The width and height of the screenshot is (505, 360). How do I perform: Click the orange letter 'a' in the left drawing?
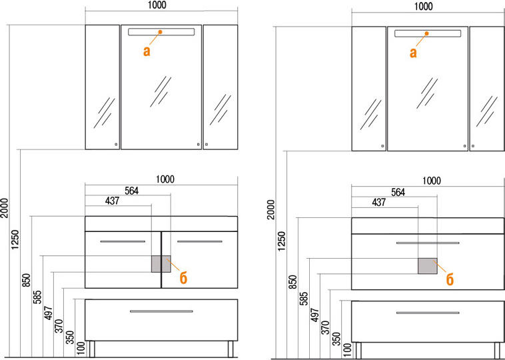coord(147,51)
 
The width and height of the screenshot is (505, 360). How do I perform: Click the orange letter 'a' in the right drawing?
coord(413,53)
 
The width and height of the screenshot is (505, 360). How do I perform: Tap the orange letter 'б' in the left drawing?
coord(183,278)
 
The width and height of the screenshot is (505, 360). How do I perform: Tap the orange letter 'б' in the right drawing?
coord(450,280)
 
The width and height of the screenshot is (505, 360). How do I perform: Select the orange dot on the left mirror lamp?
coord(160,32)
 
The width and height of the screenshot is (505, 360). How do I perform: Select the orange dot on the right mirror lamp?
coord(427,33)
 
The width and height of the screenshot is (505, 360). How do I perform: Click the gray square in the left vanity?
coord(161,264)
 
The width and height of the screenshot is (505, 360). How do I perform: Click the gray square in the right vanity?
coord(428,266)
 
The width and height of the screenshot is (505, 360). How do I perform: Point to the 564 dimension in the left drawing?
coord(132,191)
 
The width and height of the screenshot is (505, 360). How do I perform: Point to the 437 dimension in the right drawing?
coord(378,203)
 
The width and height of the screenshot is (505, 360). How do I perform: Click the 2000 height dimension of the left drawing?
coord(5,208)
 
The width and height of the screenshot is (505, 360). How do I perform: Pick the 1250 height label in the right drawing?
coord(282,241)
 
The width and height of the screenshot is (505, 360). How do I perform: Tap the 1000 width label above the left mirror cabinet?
coord(157,5)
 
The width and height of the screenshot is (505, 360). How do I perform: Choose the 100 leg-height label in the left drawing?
coord(81,349)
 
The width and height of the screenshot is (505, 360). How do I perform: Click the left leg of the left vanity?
coord(91,349)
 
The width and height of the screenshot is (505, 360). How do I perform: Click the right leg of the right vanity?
coord(497,351)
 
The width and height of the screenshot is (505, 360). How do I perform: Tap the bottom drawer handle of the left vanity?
coord(161,311)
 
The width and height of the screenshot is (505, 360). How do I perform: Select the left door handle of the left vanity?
coord(123,241)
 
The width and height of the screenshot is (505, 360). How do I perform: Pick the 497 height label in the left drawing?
coord(49,312)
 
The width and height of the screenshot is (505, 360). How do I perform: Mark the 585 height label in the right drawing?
coord(303,299)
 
